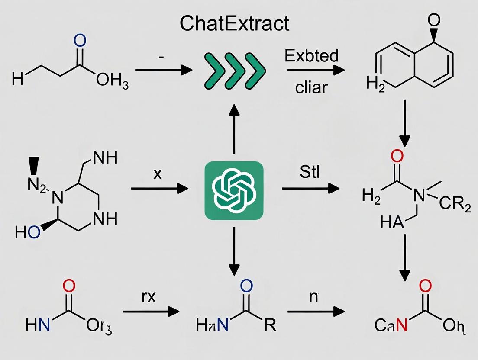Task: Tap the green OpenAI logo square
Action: tap(234, 191)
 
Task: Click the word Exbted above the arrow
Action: tap(312, 56)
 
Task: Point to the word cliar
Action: tap(311, 88)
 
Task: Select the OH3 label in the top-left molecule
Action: tap(112, 81)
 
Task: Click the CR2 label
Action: tap(455, 206)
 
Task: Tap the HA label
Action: tap(391, 224)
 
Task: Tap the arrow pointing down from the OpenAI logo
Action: tap(234, 251)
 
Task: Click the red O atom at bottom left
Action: tap(69, 286)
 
